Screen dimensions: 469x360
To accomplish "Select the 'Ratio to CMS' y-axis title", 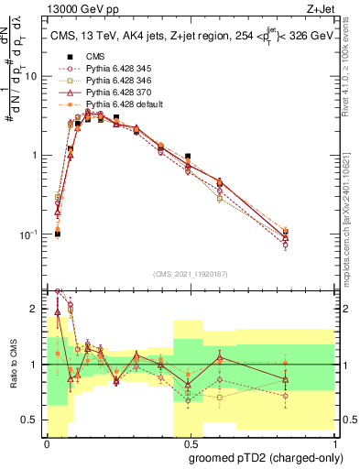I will pos(12,366).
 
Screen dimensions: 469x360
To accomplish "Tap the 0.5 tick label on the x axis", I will pos(189,442).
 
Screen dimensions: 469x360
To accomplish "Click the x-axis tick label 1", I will pos(332,442).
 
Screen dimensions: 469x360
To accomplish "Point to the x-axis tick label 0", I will pos(47,442).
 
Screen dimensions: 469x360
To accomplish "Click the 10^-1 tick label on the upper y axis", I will pos(31,234).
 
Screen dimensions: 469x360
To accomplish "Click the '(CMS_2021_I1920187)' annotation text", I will pos(190,274).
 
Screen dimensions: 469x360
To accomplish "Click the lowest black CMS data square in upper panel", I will pos(57,234).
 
